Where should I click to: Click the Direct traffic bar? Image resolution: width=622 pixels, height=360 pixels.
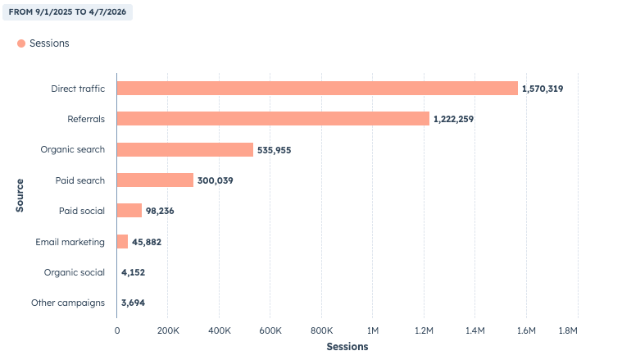pyautogui.click(x=317, y=88)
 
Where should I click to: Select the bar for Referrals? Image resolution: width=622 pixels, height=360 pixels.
pyautogui.click(x=273, y=119)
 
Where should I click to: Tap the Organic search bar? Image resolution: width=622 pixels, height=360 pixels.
pyautogui.click(x=185, y=149)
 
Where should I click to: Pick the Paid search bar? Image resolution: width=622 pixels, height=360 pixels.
pyautogui.click(x=155, y=180)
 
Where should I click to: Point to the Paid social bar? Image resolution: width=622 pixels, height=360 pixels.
pyautogui.click(x=129, y=211)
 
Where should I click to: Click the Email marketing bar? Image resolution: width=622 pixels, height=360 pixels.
pyautogui.click(x=123, y=241)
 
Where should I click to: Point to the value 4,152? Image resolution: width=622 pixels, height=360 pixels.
pyautogui.click(x=133, y=272)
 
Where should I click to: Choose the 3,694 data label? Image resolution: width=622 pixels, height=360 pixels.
pyautogui.click(x=133, y=303)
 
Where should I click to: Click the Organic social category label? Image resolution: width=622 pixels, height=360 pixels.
pyautogui.click(x=75, y=272)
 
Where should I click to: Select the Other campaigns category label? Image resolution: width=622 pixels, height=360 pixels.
pyautogui.click(x=68, y=303)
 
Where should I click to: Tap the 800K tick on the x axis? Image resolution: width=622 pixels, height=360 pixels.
pyautogui.click(x=321, y=330)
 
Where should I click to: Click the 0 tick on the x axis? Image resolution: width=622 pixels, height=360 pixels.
pyautogui.click(x=116, y=330)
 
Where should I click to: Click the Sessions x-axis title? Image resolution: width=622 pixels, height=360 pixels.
pyautogui.click(x=347, y=347)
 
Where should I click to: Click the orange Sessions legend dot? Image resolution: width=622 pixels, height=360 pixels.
pyautogui.click(x=21, y=43)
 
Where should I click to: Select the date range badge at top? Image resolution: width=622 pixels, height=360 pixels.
pyautogui.click(x=67, y=12)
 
